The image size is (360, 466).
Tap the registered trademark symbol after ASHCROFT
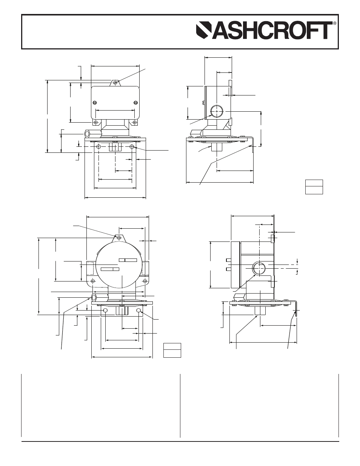click(x=335, y=24)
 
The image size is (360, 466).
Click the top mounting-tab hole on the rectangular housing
click(x=115, y=82)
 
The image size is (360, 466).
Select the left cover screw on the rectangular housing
click(x=95, y=102)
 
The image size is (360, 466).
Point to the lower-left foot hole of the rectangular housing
click(x=95, y=123)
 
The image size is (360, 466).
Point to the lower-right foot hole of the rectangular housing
click(x=135, y=123)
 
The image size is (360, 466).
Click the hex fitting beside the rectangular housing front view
click(x=88, y=134)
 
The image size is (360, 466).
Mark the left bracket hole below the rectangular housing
click(x=98, y=146)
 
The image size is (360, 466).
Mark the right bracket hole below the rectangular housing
click(x=132, y=146)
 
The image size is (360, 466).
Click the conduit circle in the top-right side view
click(x=217, y=111)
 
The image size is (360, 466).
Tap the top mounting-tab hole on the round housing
click(x=119, y=238)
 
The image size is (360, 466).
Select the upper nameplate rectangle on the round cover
click(x=128, y=260)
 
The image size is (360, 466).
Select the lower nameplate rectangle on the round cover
click(x=110, y=269)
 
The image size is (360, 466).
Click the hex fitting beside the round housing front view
click(x=90, y=298)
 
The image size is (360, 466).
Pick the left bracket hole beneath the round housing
click(x=105, y=310)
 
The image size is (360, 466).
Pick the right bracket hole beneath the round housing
click(x=139, y=310)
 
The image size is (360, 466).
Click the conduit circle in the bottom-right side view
click(x=259, y=268)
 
